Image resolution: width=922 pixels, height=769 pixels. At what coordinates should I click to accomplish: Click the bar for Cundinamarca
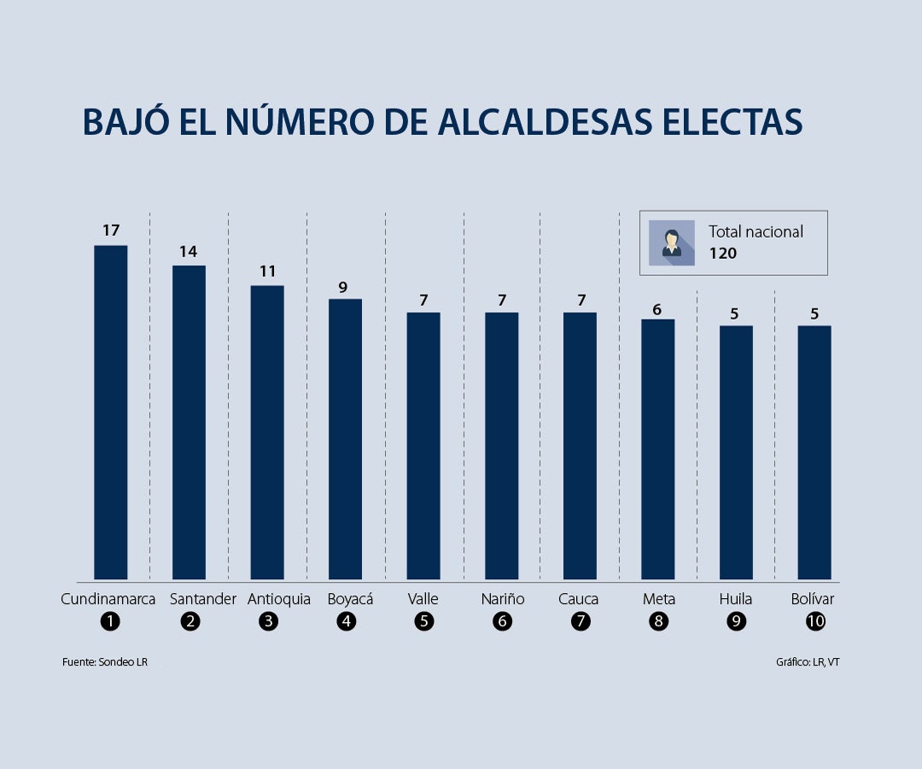(x=110, y=413)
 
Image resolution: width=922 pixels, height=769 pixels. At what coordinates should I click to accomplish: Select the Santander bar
(x=189, y=423)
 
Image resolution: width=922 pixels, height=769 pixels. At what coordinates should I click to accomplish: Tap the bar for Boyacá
(x=345, y=439)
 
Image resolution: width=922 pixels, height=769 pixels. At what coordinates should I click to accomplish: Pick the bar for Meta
(x=657, y=449)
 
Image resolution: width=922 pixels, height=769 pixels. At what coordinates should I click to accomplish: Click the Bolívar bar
(x=814, y=453)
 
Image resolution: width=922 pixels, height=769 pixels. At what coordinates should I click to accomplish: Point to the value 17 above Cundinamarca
(x=110, y=230)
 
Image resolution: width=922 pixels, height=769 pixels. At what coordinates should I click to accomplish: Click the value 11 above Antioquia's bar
(x=267, y=271)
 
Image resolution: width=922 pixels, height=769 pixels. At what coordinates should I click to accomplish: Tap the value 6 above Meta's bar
(x=657, y=309)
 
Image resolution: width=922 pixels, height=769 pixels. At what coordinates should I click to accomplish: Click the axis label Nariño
(x=502, y=599)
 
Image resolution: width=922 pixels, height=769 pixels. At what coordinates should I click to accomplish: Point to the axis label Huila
(x=736, y=599)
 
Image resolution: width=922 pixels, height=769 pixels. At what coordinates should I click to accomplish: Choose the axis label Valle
(x=423, y=599)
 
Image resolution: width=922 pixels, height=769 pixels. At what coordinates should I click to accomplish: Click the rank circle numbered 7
(x=581, y=622)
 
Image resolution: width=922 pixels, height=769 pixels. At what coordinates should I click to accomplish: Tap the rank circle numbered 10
(x=815, y=622)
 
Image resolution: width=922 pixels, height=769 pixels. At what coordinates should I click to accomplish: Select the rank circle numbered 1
(x=109, y=622)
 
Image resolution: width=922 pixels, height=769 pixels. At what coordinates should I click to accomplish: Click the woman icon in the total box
(x=671, y=243)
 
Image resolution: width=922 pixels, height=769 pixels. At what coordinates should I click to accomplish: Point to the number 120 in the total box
(x=722, y=254)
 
